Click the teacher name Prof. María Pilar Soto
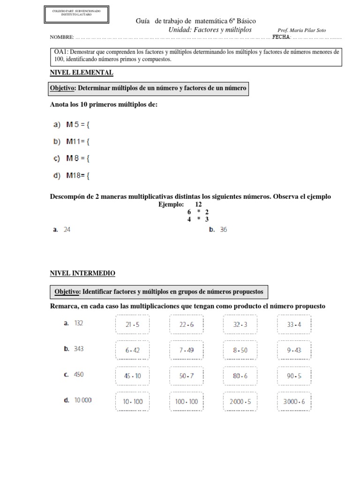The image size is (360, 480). click(x=302, y=30)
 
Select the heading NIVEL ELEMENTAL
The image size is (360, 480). click(x=82, y=73)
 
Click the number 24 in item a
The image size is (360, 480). click(x=67, y=230)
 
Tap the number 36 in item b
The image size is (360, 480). click(x=223, y=230)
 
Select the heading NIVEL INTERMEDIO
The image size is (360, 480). click(x=82, y=273)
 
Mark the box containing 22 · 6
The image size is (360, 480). click(x=186, y=324)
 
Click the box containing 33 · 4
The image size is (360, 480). click(x=293, y=324)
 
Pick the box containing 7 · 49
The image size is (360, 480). click(x=186, y=350)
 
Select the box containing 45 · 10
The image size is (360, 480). click(x=132, y=375)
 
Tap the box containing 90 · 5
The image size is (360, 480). click(x=293, y=375)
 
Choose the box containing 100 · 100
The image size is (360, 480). click(x=186, y=401)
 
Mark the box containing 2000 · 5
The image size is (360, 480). click(x=240, y=401)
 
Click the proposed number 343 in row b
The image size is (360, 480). click(x=79, y=349)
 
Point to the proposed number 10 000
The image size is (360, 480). click(x=83, y=400)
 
